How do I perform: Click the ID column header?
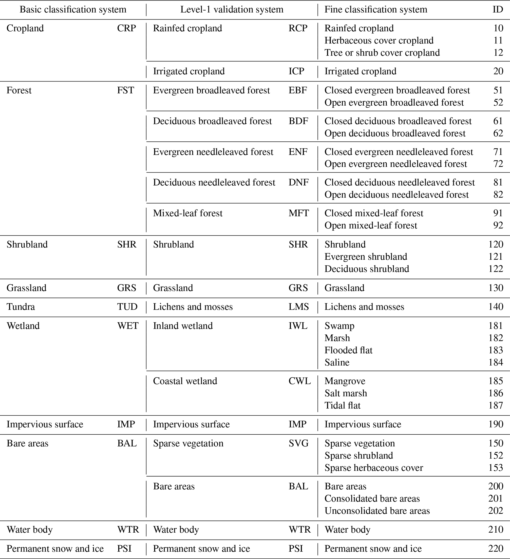tap(498, 10)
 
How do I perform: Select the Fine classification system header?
tap(376, 10)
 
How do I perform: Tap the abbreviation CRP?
tap(126, 28)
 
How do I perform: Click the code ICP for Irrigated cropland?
tap(296, 71)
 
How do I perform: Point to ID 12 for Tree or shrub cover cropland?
tap(498, 53)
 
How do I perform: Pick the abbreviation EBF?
tap(298, 90)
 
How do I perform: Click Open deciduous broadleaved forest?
tap(395, 133)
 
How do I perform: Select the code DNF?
tap(299, 182)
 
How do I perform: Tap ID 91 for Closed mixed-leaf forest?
tap(498, 213)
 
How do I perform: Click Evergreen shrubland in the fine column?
tap(366, 257)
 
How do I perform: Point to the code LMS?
tap(299, 307)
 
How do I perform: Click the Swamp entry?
tap(339, 326)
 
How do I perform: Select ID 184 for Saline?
tap(496, 362)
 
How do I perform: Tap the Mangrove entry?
tap(345, 381)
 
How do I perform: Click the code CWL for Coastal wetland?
tap(300, 381)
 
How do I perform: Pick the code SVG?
tap(299, 443)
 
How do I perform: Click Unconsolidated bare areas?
tap(377, 511)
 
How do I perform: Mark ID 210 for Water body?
tap(496, 530)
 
